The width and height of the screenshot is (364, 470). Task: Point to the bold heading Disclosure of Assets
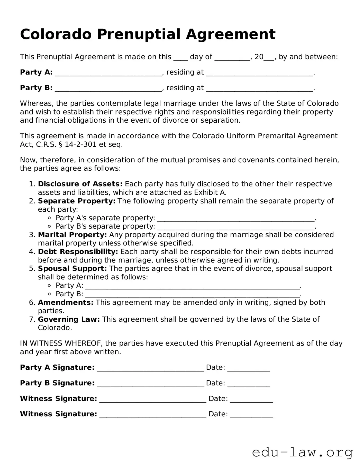pos(80,184)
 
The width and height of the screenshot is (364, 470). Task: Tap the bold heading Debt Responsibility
pos(78,252)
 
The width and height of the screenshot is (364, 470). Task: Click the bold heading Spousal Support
pos(72,269)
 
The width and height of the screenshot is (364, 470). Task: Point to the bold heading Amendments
pos(66,302)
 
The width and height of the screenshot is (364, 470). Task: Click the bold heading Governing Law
pos(69,319)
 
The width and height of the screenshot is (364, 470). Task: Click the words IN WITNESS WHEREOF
pos(61,343)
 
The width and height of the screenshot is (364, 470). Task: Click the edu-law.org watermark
pos(302,453)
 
